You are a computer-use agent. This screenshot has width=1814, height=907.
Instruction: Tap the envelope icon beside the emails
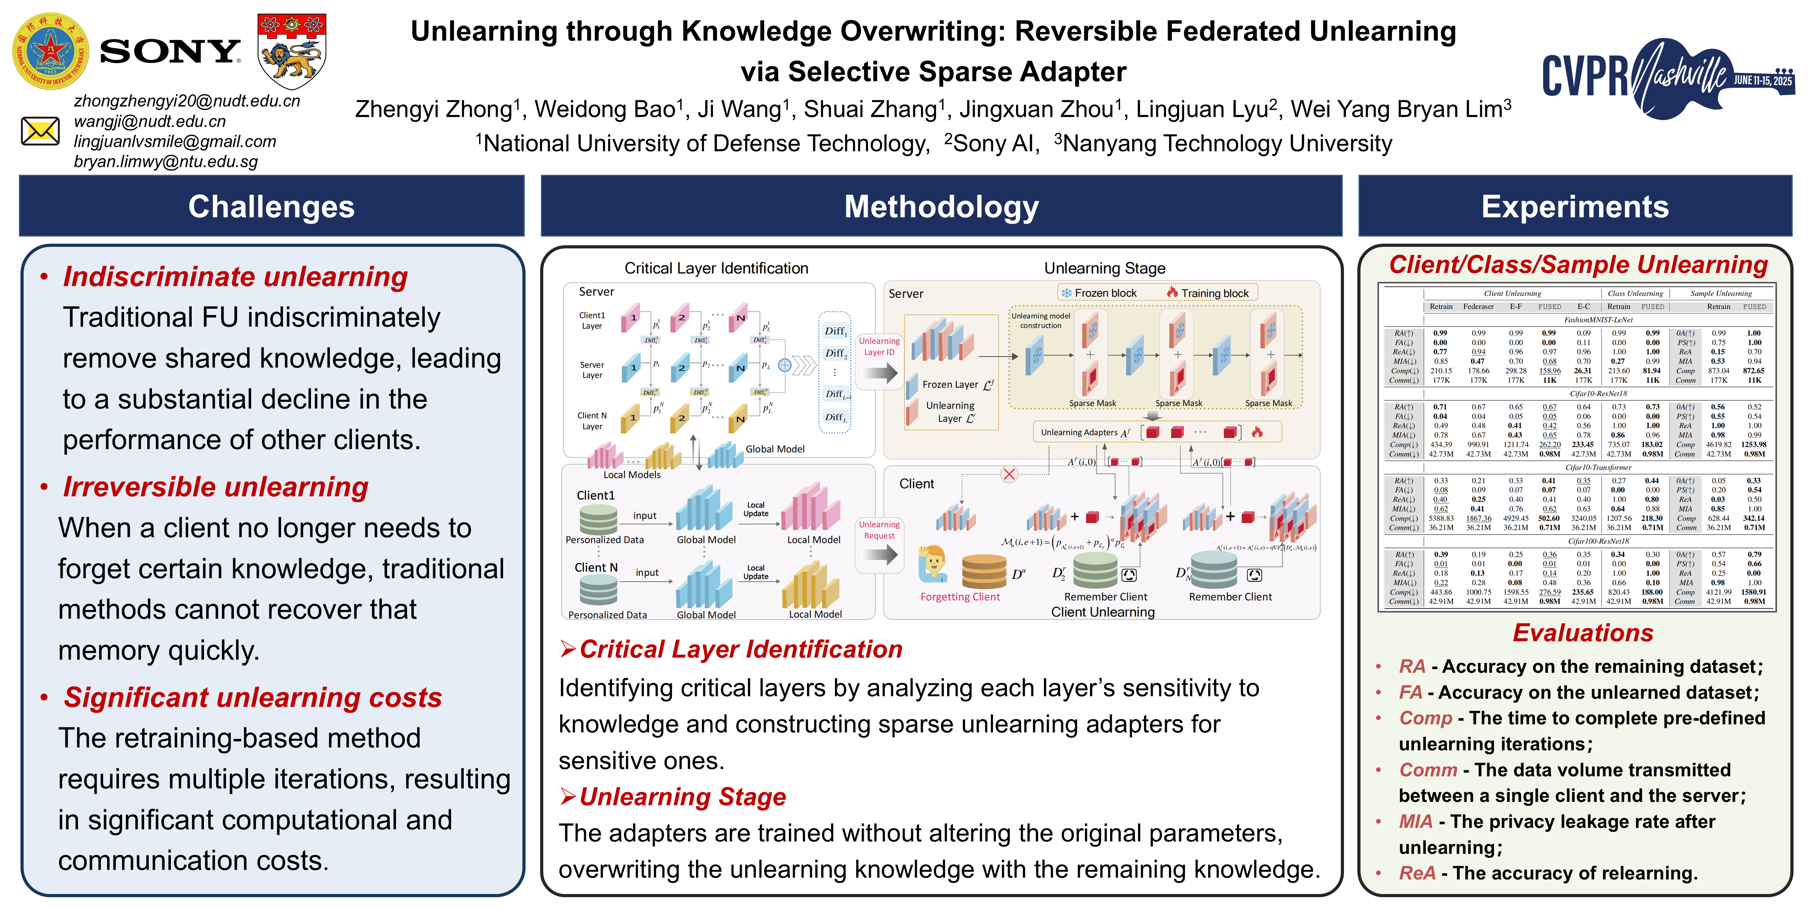(x=40, y=131)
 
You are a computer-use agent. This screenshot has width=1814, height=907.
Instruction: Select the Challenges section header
(x=271, y=206)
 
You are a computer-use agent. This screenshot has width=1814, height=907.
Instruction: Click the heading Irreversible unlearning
(x=215, y=487)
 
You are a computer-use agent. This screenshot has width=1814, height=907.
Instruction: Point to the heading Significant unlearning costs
(x=253, y=697)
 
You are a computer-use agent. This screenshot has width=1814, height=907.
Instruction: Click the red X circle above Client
(x=1009, y=474)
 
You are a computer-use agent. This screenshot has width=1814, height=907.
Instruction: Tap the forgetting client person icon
(x=934, y=563)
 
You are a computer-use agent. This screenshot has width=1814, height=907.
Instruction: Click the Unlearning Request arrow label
(x=879, y=530)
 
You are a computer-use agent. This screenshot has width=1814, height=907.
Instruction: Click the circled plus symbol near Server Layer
(x=785, y=365)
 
